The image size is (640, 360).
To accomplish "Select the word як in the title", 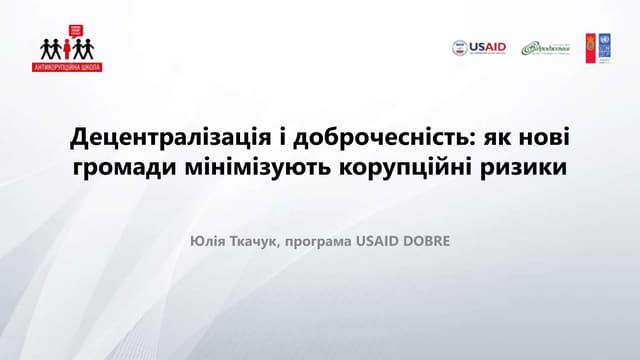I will [x=498, y=135].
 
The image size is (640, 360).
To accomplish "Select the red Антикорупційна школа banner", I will [x=67, y=67].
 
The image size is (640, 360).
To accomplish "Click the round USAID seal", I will [x=460, y=47].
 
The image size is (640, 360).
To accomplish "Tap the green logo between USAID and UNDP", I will [x=543, y=48].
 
